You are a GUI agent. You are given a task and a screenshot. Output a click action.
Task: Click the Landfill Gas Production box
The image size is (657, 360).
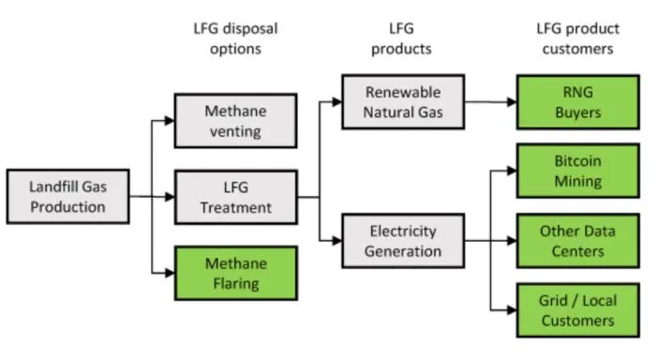point(67,197)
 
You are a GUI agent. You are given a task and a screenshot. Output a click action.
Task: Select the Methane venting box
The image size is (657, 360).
point(236,121)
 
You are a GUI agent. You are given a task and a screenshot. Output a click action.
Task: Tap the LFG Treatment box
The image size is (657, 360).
point(236,197)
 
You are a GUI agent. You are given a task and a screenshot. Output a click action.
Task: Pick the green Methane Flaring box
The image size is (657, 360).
point(236,273)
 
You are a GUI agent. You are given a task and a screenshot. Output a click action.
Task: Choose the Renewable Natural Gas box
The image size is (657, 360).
point(403,102)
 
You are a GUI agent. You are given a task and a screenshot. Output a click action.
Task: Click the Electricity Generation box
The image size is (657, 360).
point(403,241)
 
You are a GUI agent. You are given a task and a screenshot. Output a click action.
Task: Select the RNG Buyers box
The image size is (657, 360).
point(578,102)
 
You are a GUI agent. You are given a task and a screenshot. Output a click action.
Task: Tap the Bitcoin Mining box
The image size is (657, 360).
point(578,171)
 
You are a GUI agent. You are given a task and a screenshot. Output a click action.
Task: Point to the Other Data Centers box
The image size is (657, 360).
point(578,241)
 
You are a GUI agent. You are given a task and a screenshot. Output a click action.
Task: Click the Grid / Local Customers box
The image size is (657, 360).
point(578,310)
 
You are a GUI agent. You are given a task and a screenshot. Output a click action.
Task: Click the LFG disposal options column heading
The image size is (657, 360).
point(235,38)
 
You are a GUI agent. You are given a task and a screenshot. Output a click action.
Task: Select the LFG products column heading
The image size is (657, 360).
point(401,38)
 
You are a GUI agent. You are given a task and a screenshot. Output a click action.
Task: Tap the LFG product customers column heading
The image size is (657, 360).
point(578,38)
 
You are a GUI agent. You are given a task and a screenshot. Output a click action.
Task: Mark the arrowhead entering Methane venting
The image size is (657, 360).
point(170,121)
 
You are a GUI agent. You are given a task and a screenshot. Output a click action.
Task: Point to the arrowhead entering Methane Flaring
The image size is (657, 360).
point(170,273)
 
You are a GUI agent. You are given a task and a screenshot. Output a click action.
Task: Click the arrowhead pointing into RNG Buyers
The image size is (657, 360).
point(511,102)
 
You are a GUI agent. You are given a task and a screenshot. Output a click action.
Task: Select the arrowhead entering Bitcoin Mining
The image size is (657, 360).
point(511,171)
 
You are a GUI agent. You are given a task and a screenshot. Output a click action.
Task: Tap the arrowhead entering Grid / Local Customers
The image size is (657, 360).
point(511,310)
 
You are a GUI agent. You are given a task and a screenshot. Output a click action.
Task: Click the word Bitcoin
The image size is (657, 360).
point(578,161)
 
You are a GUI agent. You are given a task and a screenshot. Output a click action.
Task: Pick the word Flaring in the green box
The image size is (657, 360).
point(236,284)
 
